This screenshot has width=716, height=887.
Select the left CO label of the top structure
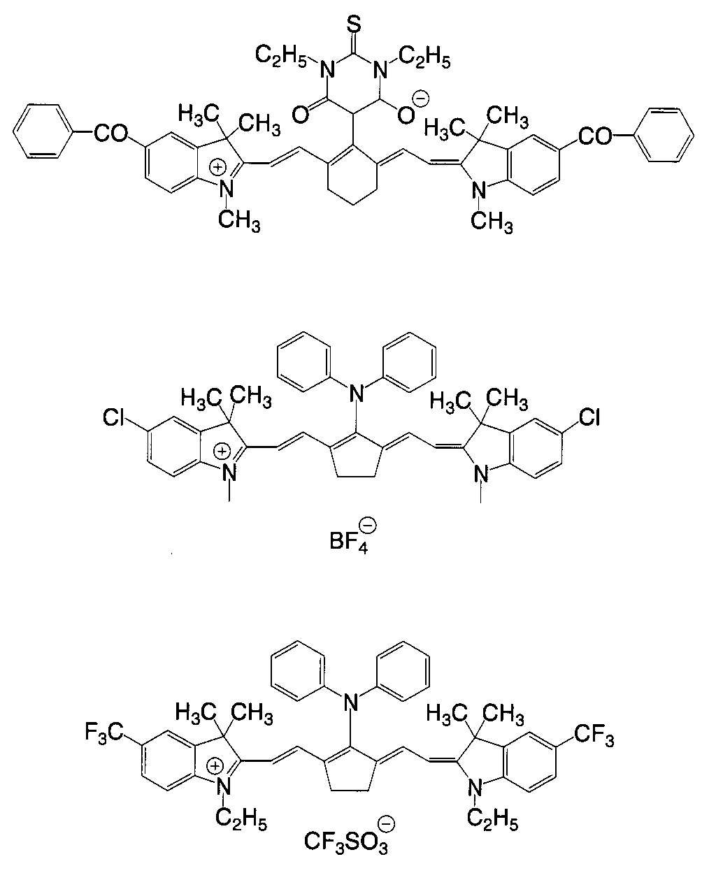[x=110, y=133]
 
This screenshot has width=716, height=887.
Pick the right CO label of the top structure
[x=594, y=136]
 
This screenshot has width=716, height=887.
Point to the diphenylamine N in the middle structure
[x=357, y=396]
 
